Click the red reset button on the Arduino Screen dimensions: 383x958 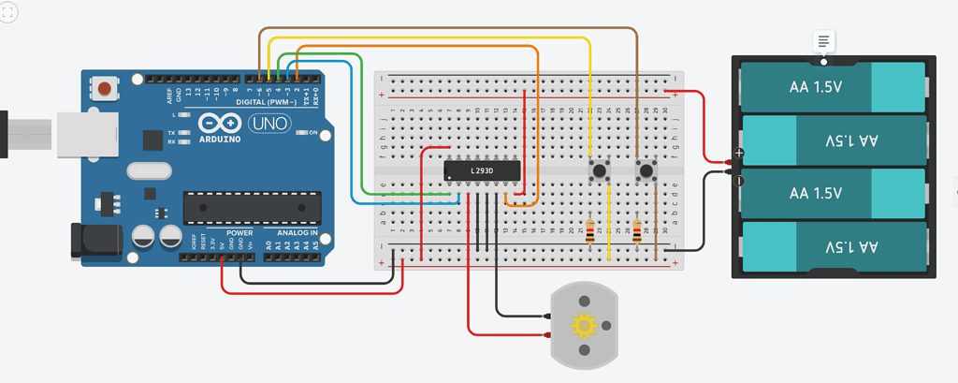106,90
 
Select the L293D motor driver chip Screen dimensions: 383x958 481,171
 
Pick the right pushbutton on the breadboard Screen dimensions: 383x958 646,170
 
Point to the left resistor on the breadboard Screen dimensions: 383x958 589,231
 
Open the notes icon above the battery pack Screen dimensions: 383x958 823,41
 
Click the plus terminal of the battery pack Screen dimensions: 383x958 739,152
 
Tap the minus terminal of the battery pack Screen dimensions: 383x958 739,180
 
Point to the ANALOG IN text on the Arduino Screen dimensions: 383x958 297,232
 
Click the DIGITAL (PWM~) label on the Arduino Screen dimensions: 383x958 266,101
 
